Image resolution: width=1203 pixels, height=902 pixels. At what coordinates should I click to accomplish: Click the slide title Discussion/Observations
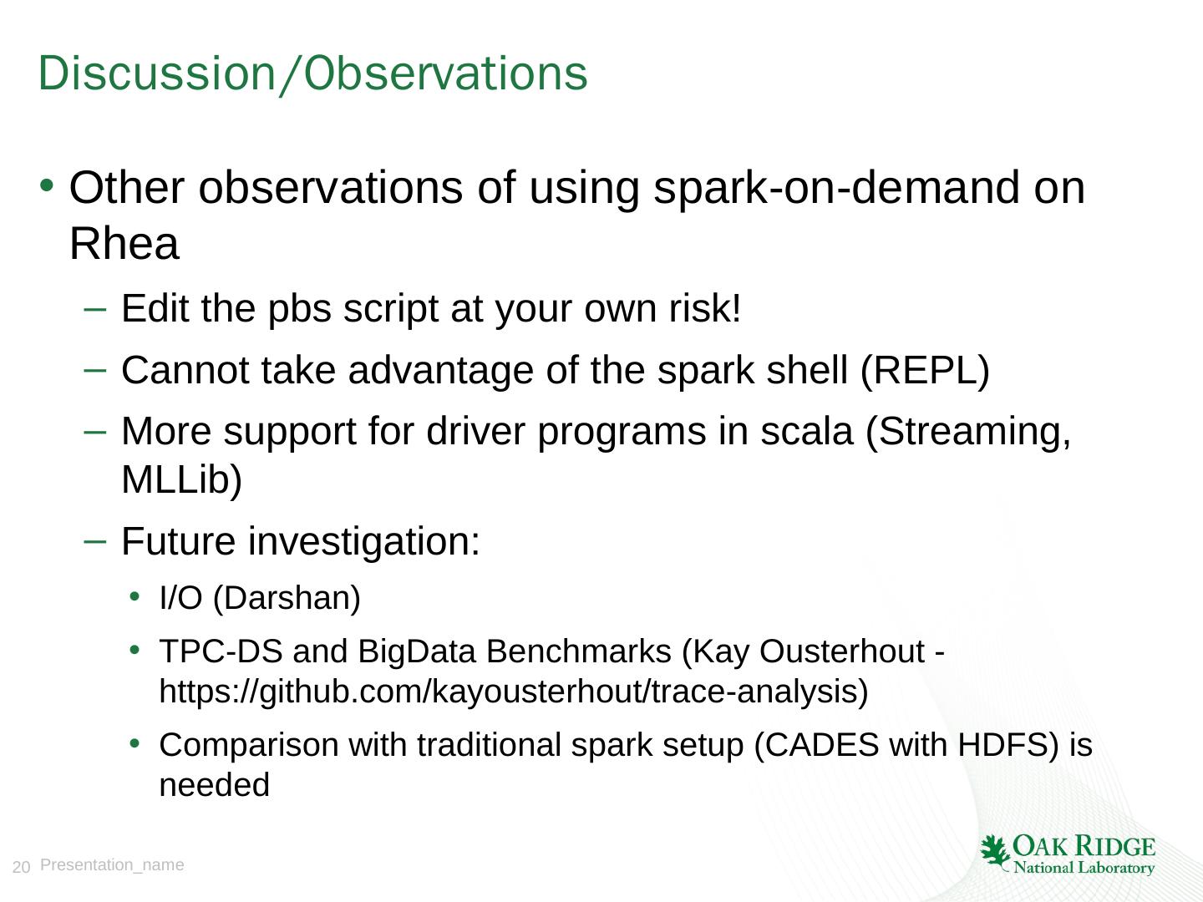click(312, 73)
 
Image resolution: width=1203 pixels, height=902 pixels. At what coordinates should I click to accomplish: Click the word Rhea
click(124, 243)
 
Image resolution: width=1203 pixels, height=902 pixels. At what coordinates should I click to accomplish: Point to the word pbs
click(299, 311)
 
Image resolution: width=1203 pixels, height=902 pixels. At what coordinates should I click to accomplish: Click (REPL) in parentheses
click(925, 371)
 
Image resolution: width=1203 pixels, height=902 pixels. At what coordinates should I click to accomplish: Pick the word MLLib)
click(181, 480)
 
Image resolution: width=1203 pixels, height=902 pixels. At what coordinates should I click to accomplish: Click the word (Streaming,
click(968, 433)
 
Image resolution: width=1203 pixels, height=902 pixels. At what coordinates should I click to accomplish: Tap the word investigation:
click(364, 542)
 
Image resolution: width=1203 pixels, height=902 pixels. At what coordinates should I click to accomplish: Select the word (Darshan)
click(287, 598)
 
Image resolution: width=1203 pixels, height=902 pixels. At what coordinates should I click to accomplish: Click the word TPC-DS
click(221, 651)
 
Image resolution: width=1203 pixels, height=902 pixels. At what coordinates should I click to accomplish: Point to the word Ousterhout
click(842, 651)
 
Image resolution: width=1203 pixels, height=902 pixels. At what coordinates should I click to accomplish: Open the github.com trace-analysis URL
click(514, 692)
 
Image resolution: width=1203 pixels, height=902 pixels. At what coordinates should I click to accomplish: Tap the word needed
click(215, 785)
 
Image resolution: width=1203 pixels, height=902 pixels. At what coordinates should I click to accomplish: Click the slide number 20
click(21, 867)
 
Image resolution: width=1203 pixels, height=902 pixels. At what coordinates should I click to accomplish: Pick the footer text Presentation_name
click(112, 865)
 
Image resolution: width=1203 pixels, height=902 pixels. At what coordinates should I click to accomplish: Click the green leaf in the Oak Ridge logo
click(994, 852)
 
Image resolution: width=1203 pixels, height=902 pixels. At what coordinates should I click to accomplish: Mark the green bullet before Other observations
click(47, 185)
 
